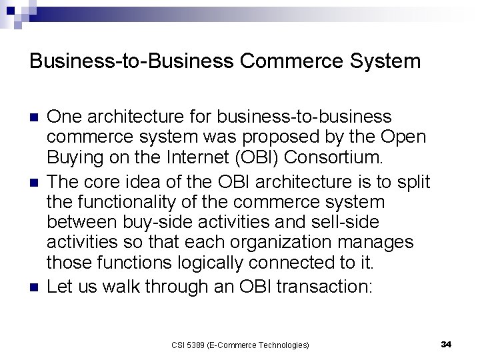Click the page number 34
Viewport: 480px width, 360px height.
coord(446,344)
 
